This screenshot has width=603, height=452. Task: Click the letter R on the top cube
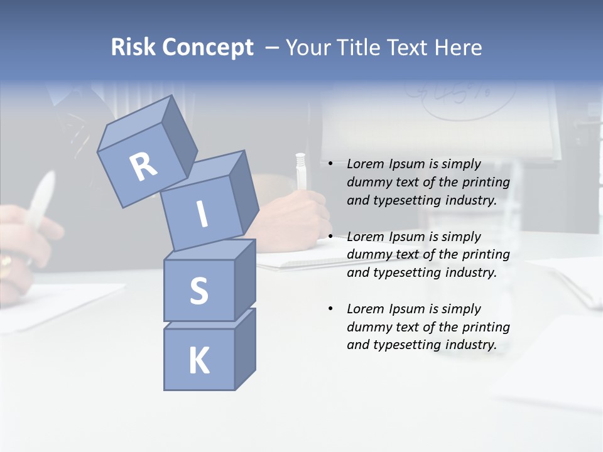click(143, 168)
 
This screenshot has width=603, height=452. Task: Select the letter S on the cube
click(198, 291)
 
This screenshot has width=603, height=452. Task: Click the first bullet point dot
click(330, 164)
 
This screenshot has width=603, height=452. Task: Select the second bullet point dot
click(330, 237)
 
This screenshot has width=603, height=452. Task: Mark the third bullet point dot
click(330, 309)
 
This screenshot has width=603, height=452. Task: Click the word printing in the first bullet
click(486, 183)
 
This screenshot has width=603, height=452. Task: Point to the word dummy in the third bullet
click(367, 327)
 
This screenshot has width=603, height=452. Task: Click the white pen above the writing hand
click(300, 170)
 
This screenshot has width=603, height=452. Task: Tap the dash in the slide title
click(273, 48)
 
